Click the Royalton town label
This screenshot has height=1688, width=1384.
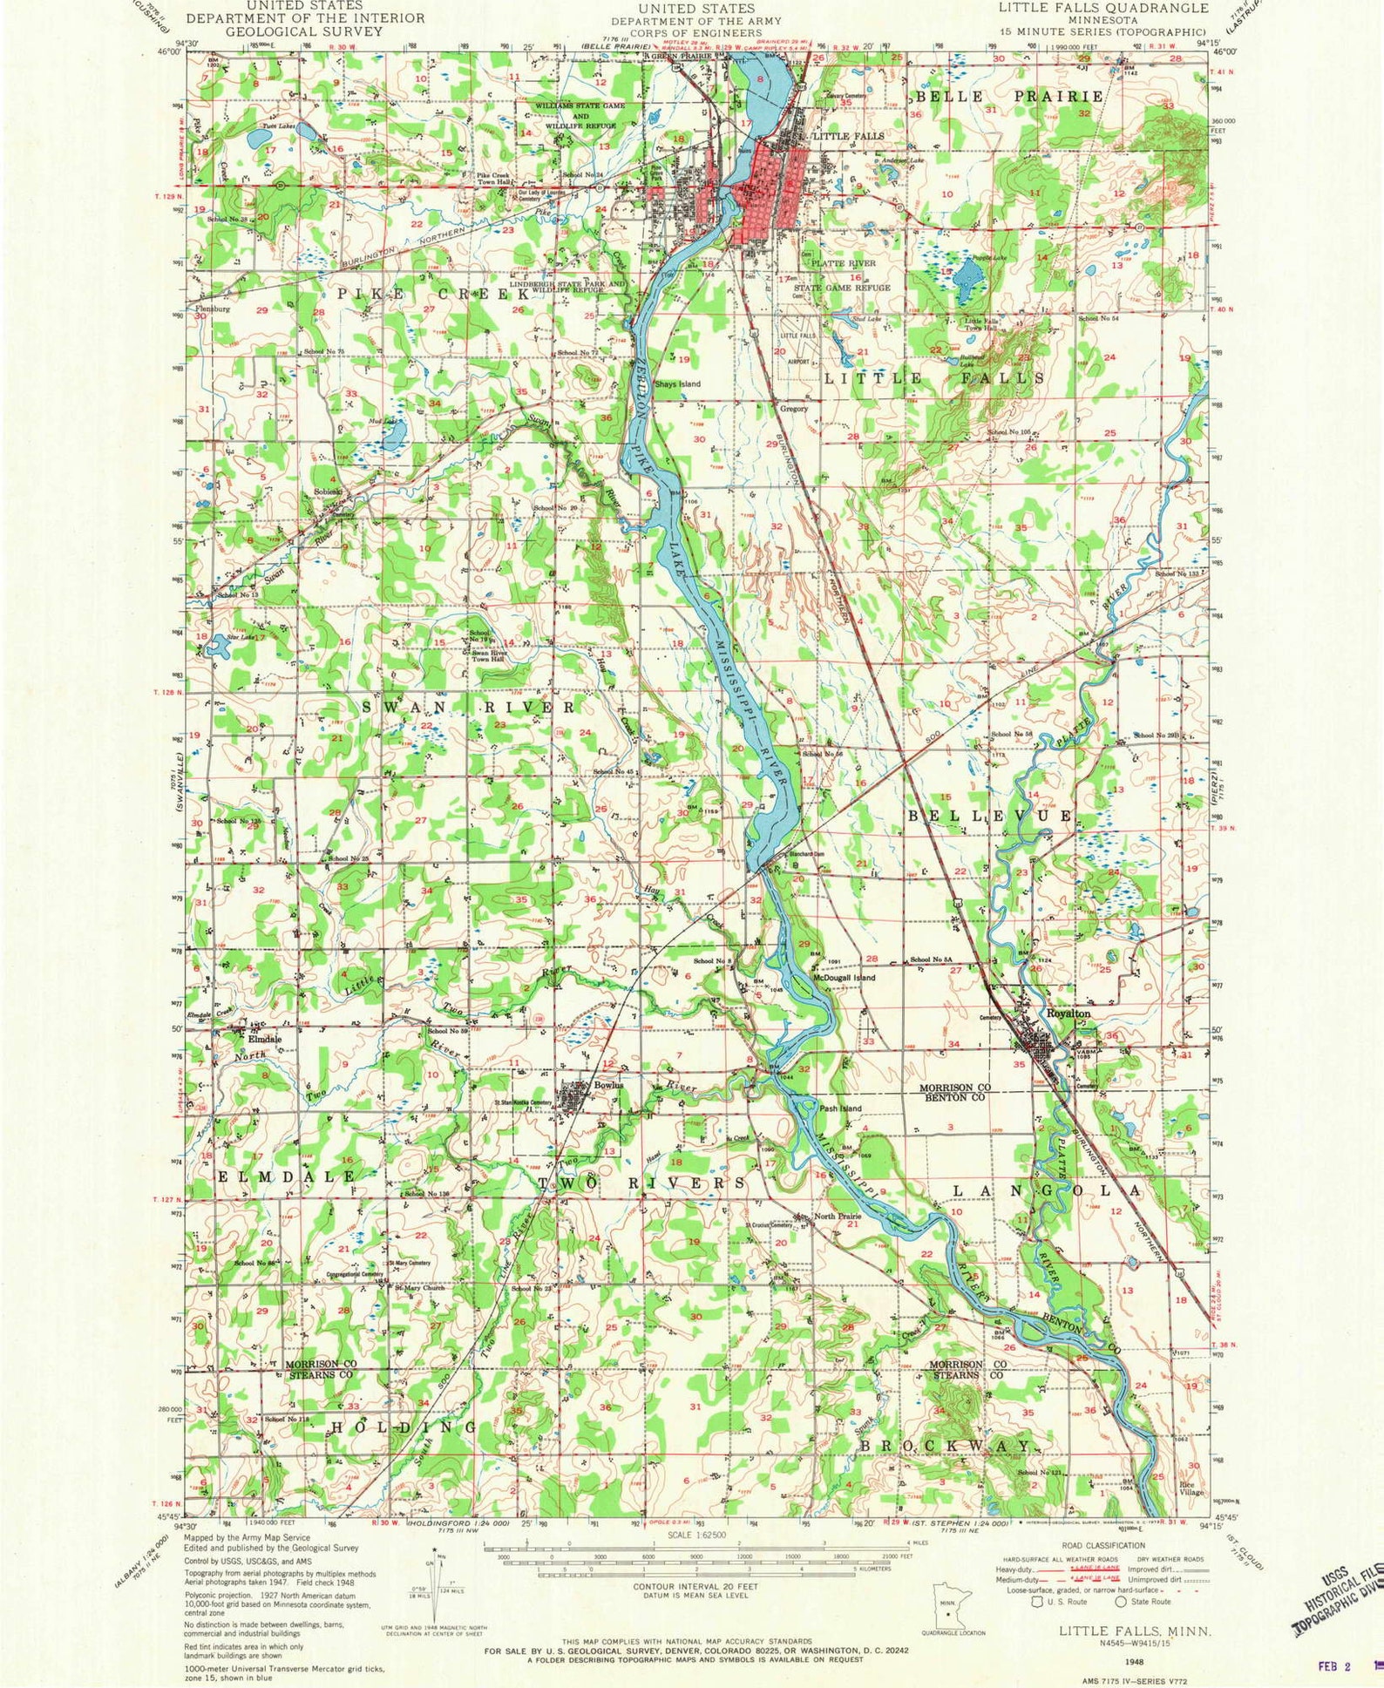point(1070,1013)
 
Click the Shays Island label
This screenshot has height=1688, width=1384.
point(677,383)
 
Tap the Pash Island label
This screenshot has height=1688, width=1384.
point(840,1108)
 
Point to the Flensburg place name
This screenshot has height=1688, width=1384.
point(213,308)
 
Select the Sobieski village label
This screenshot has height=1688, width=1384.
point(331,493)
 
